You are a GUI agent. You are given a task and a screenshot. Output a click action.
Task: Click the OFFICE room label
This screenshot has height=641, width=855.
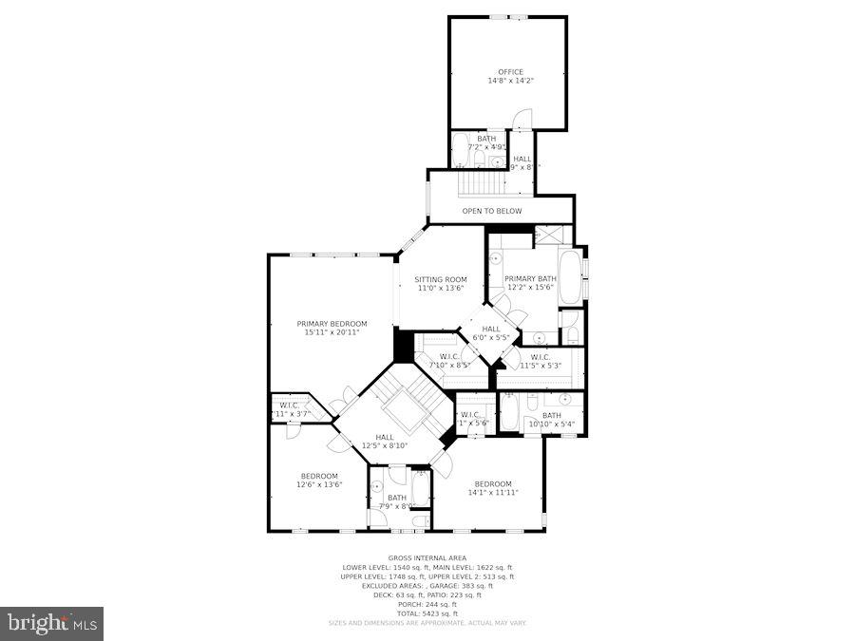pyautogui.click(x=510, y=71)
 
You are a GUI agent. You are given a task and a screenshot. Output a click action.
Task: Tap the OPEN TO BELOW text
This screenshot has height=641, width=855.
pyautogui.click(x=491, y=211)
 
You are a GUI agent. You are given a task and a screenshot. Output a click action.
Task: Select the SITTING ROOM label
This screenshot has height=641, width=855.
pyautogui.click(x=440, y=280)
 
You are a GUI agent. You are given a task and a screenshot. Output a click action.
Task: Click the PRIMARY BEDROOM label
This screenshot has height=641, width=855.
pyautogui.click(x=331, y=324)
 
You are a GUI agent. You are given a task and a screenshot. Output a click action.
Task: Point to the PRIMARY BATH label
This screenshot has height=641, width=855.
pyautogui.click(x=530, y=278)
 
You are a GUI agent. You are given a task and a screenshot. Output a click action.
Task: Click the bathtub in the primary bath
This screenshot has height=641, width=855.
pyautogui.click(x=570, y=276)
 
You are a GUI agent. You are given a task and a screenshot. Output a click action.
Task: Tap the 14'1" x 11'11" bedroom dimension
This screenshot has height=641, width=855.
pyautogui.click(x=492, y=493)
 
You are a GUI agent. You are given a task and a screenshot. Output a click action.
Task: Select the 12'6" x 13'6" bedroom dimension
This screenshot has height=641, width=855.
pyautogui.click(x=319, y=484)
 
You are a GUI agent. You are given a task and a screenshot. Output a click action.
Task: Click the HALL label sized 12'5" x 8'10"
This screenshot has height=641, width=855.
pyautogui.click(x=384, y=437)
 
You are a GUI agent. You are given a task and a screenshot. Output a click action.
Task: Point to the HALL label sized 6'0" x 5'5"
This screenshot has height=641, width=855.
pyautogui.click(x=491, y=329)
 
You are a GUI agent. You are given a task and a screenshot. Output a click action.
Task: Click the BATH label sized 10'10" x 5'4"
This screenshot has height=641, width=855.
pyautogui.click(x=551, y=415)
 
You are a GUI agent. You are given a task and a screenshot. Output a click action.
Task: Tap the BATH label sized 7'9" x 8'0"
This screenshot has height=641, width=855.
pyautogui.click(x=396, y=498)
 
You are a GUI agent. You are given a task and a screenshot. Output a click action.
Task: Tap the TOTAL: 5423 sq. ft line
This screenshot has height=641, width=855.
pyautogui.click(x=427, y=613)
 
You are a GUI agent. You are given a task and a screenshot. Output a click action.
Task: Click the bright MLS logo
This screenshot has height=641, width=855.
pyautogui.click(x=52, y=623)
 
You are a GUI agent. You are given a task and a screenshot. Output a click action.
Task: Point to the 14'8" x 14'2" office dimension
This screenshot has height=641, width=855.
pyautogui.click(x=510, y=81)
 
